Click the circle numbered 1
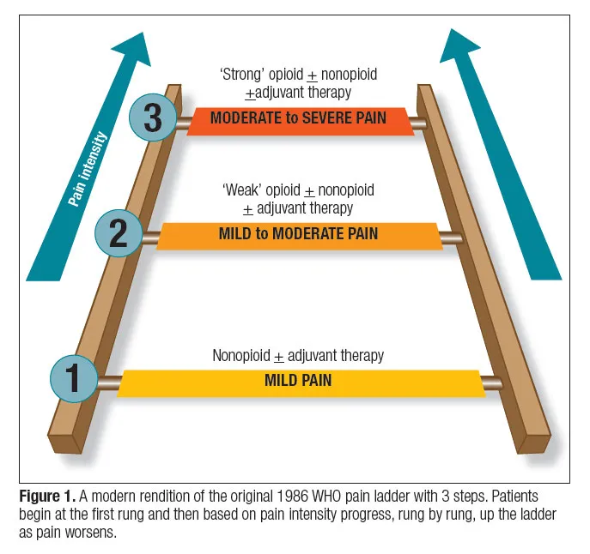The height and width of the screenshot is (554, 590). coord(75,377)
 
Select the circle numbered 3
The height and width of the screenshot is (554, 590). coord(153,117)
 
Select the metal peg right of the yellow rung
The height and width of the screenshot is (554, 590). coord(493,383)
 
